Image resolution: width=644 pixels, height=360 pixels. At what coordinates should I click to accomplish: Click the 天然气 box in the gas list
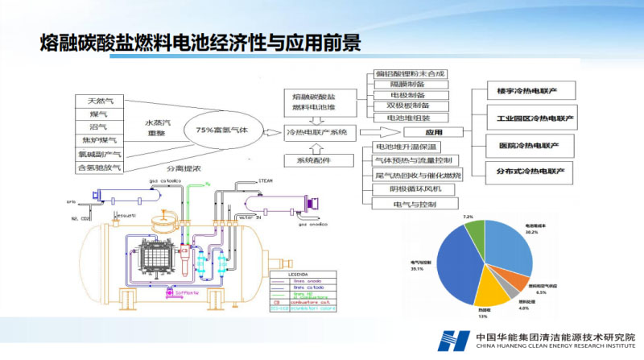click(101, 101)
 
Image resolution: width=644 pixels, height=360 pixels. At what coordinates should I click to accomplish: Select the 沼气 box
click(101, 127)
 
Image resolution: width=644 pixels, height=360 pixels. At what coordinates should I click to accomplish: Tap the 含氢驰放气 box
click(101, 168)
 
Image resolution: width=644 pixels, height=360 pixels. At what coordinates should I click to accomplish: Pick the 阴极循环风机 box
click(410, 189)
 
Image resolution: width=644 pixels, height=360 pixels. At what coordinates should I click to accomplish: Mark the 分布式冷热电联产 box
click(530, 170)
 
